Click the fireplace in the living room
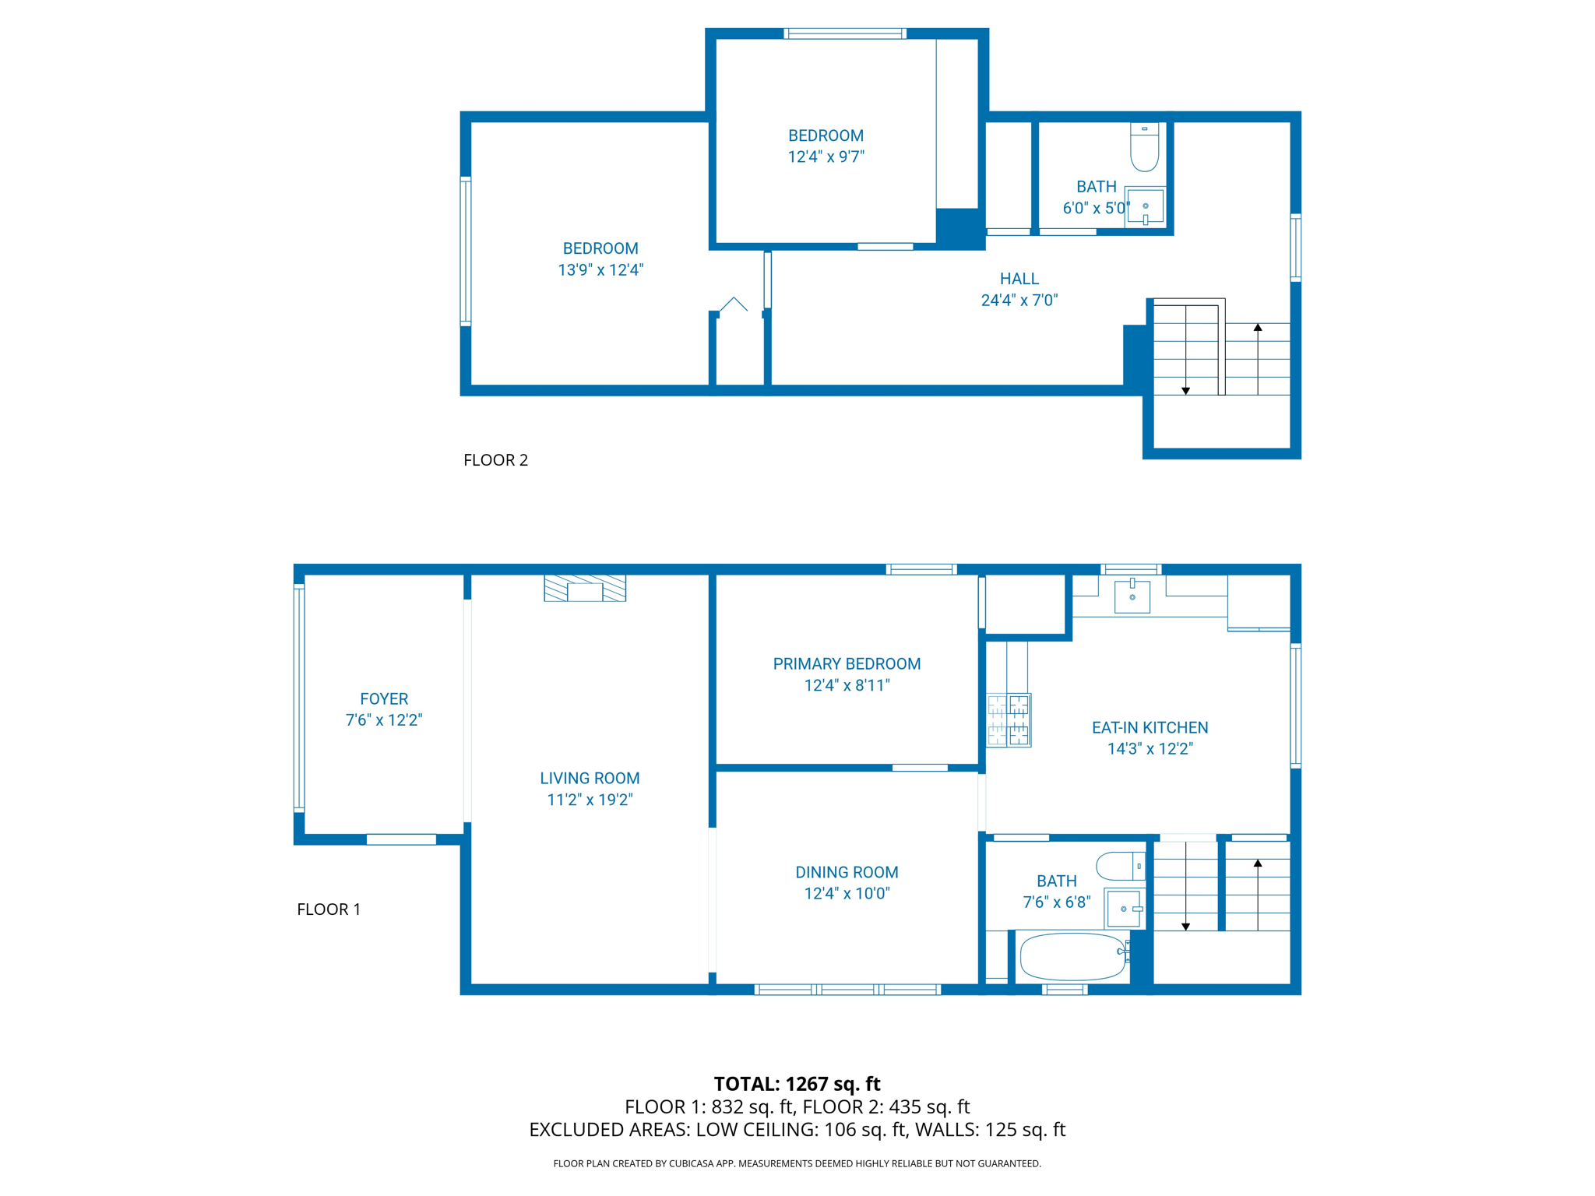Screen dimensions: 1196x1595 (x=585, y=589)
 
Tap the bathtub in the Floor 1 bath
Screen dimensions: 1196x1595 (x=1072, y=957)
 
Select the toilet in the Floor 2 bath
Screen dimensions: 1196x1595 (x=1144, y=149)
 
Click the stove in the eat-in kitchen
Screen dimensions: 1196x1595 (x=1009, y=720)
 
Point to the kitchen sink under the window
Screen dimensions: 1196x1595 (x=1132, y=596)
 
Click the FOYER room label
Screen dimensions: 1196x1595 (x=384, y=699)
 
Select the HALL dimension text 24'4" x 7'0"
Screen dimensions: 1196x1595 (x=1019, y=301)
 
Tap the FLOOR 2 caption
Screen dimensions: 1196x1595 (x=495, y=460)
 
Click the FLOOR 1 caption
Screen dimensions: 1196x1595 (x=329, y=909)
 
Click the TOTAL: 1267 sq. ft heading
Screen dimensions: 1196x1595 (x=797, y=1084)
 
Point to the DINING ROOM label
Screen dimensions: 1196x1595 (x=847, y=872)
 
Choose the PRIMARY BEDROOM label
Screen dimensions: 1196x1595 (x=847, y=664)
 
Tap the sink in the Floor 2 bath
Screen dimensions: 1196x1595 (x=1145, y=206)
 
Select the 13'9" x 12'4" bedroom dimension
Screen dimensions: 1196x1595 (x=600, y=270)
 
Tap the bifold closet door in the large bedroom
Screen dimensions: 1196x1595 (x=733, y=305)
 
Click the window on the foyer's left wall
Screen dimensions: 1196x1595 (x=298, y=698)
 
